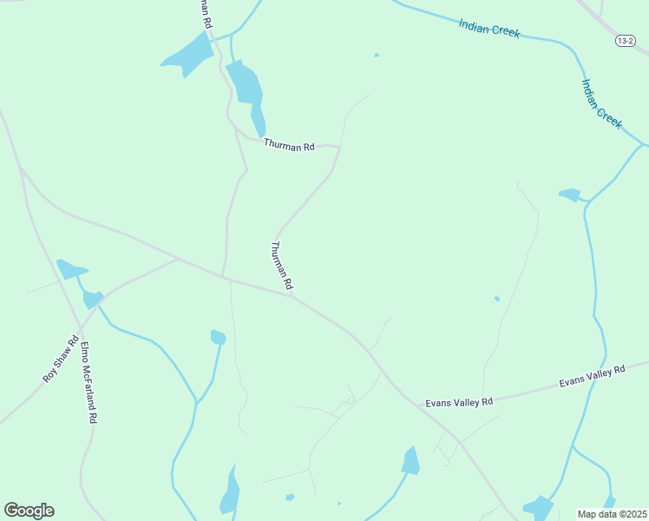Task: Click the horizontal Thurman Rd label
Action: point(289,147)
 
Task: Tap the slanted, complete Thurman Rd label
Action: point(282,266)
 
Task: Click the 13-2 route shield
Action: point(626,41)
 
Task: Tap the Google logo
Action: point(29,511)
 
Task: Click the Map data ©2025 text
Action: point(612,514)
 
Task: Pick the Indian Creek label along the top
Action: point(489,29)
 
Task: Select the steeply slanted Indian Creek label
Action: point(602,104)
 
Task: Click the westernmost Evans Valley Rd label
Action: point(458,402)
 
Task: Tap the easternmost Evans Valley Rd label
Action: point(592,376)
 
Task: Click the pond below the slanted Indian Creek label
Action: point(569,195)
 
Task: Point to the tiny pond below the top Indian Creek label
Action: point(376,56)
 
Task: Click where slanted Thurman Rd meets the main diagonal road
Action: point(292,294)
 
